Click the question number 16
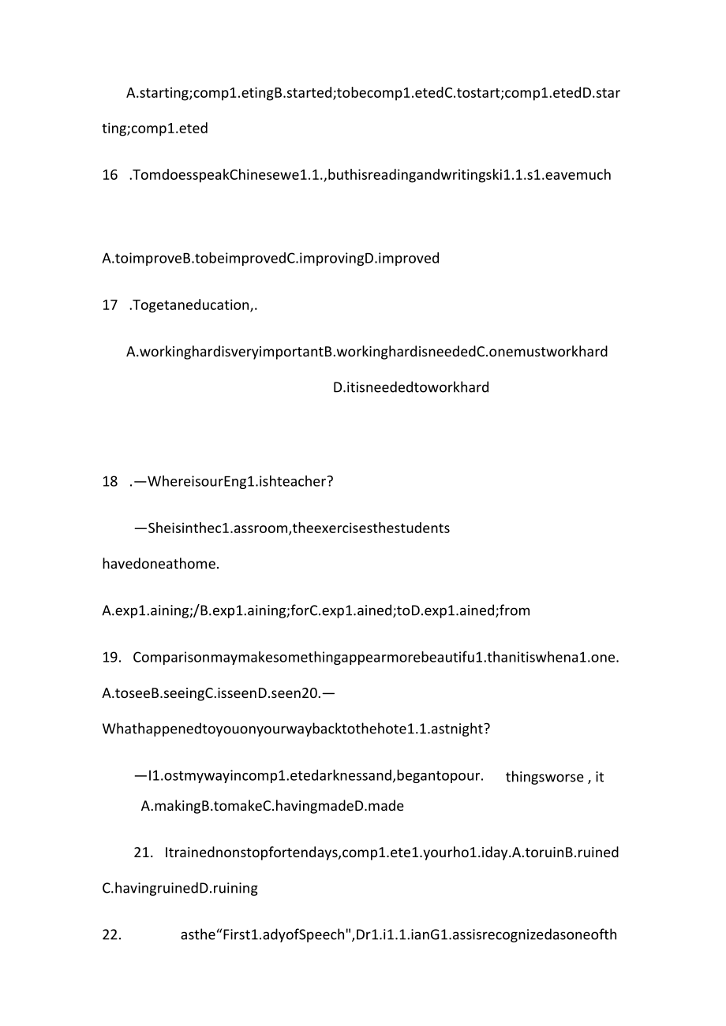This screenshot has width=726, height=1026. pyautogui.click(x=110, y=175)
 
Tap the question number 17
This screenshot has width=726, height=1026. pyautogui.click(x=110, y=306)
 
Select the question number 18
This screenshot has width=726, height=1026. pyautogui.click(x=110, y=481)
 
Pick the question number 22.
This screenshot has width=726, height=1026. pyautogui.click(x=112, y=935)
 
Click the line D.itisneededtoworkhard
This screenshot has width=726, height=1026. pyautogui.click(x=411, y=387)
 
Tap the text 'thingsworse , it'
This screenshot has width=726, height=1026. pyautogui.click(x=555, y=778)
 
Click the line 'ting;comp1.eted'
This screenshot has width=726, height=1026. pyautogui.click(x=155, y=128)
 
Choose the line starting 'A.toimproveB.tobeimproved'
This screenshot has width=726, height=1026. pyautogui.click(x=271, y=258)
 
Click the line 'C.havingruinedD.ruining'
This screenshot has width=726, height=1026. pyautogui.click(x=180, y=888)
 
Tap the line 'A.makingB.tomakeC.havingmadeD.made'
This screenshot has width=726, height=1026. pyautogui.click(x=272, y=806)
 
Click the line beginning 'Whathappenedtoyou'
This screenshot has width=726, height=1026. pyautogui.click(x=296, y=729)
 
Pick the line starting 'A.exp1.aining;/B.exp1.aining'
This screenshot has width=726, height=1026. pyautogui.click(x=316, y=610)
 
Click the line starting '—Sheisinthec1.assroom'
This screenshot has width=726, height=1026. pyautogui.click(x=292, y=528)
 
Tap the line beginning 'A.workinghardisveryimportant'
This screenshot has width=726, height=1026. pyautogui.click(x=367, y=352)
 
